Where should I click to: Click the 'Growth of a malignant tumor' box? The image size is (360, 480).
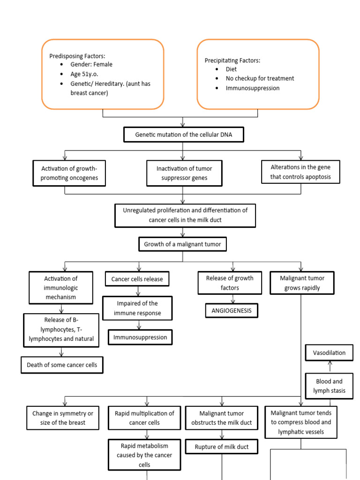[x=183, y=244]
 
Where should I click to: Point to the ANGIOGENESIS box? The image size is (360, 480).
[x=232, y=310]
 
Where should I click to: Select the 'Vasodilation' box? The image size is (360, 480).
[x=329, y=352]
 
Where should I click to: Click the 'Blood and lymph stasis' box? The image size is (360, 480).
[x=329, y=386]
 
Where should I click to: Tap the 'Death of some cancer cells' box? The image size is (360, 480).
[x=62, y=365]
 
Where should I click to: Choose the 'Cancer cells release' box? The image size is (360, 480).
[x=137, y=279]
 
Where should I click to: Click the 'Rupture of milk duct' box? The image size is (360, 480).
[x=222, y=447]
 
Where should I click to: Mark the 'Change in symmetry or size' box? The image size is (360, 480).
[x=63, y=418]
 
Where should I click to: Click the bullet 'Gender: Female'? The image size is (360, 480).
[x=91, y=65]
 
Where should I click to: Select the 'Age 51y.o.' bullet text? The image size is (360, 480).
[x=84, y=74]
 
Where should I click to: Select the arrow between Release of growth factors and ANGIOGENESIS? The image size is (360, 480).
[x=231, y=299]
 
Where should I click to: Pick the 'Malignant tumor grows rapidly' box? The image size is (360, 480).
[x=302, y=283]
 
